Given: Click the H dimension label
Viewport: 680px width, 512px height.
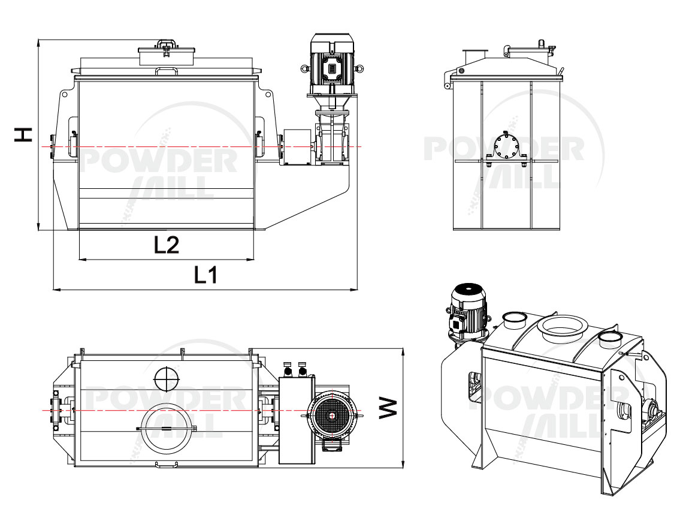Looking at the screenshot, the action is [23, 134].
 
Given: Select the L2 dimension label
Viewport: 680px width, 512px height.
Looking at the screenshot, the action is [167, 245].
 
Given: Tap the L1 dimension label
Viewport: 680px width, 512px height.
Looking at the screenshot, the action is [205, 275].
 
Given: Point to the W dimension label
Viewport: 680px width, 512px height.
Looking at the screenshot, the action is [388, 408].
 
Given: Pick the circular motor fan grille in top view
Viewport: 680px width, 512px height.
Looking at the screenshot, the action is [332, 415].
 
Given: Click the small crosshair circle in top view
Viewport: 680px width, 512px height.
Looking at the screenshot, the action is [167, 379].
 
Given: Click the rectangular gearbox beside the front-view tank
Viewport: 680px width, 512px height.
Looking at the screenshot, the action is [298, 147].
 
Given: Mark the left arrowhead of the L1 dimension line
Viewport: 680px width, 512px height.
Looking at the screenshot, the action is [56, 289].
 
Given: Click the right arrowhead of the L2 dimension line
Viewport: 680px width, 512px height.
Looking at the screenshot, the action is [250, 260].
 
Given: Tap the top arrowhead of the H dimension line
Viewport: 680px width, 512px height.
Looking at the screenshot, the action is [38, 43].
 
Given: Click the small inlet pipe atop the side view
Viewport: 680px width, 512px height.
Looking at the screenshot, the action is [475, 56].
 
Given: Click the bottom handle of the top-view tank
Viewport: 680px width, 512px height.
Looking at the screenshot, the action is [167, 465].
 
